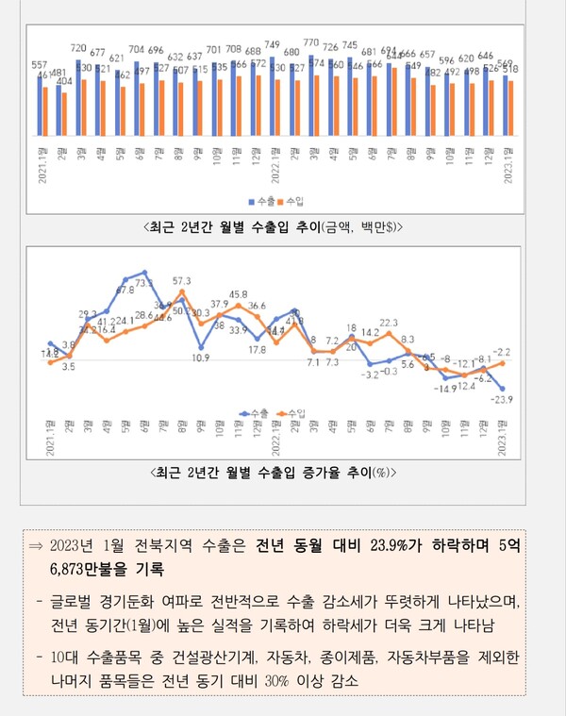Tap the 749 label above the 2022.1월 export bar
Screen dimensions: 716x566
pos(273,44)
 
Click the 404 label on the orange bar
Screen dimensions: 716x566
pos(65,82)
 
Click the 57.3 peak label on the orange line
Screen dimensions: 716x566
pos(181,280)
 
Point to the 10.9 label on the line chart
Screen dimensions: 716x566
pos(200,358)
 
